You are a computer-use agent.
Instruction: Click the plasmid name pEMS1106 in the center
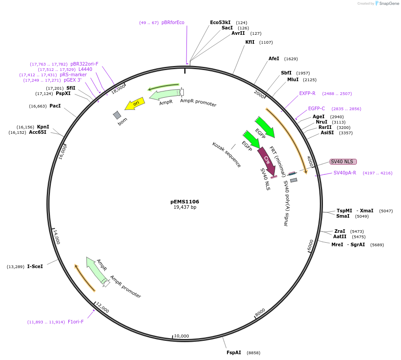coord(185,202)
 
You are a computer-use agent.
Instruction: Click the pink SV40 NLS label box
coord(343,161)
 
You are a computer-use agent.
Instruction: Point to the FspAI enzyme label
coord(234,352)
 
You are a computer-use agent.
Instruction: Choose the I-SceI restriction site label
coord(35,266)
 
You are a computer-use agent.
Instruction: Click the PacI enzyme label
coord(55,106)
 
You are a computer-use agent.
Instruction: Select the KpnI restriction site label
coord(43,127)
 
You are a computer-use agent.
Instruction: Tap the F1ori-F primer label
coord(75,322)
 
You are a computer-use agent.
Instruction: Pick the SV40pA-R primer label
coord(345,173)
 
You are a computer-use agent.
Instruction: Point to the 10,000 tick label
coord(182,336)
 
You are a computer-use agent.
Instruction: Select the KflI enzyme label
coord(250,42)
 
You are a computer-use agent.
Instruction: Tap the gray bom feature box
coord(117,115)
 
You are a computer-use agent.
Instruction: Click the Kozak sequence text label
coord(227,154)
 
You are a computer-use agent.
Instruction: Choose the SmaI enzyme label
coord(343,216)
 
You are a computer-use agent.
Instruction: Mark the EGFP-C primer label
coord(317,108)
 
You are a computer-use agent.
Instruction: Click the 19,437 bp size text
coord(185,207)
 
